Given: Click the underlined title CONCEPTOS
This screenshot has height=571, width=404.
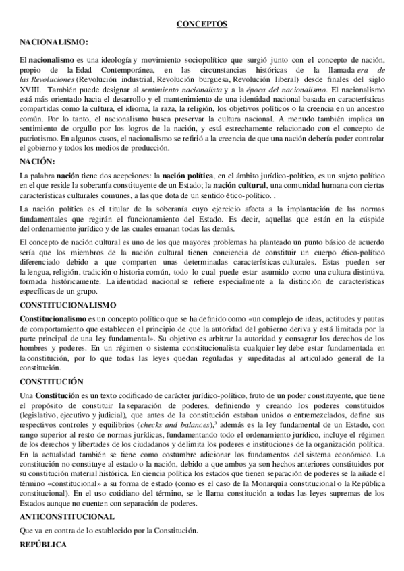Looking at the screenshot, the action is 202,24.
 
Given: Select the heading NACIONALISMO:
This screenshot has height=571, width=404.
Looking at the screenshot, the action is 55,42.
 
